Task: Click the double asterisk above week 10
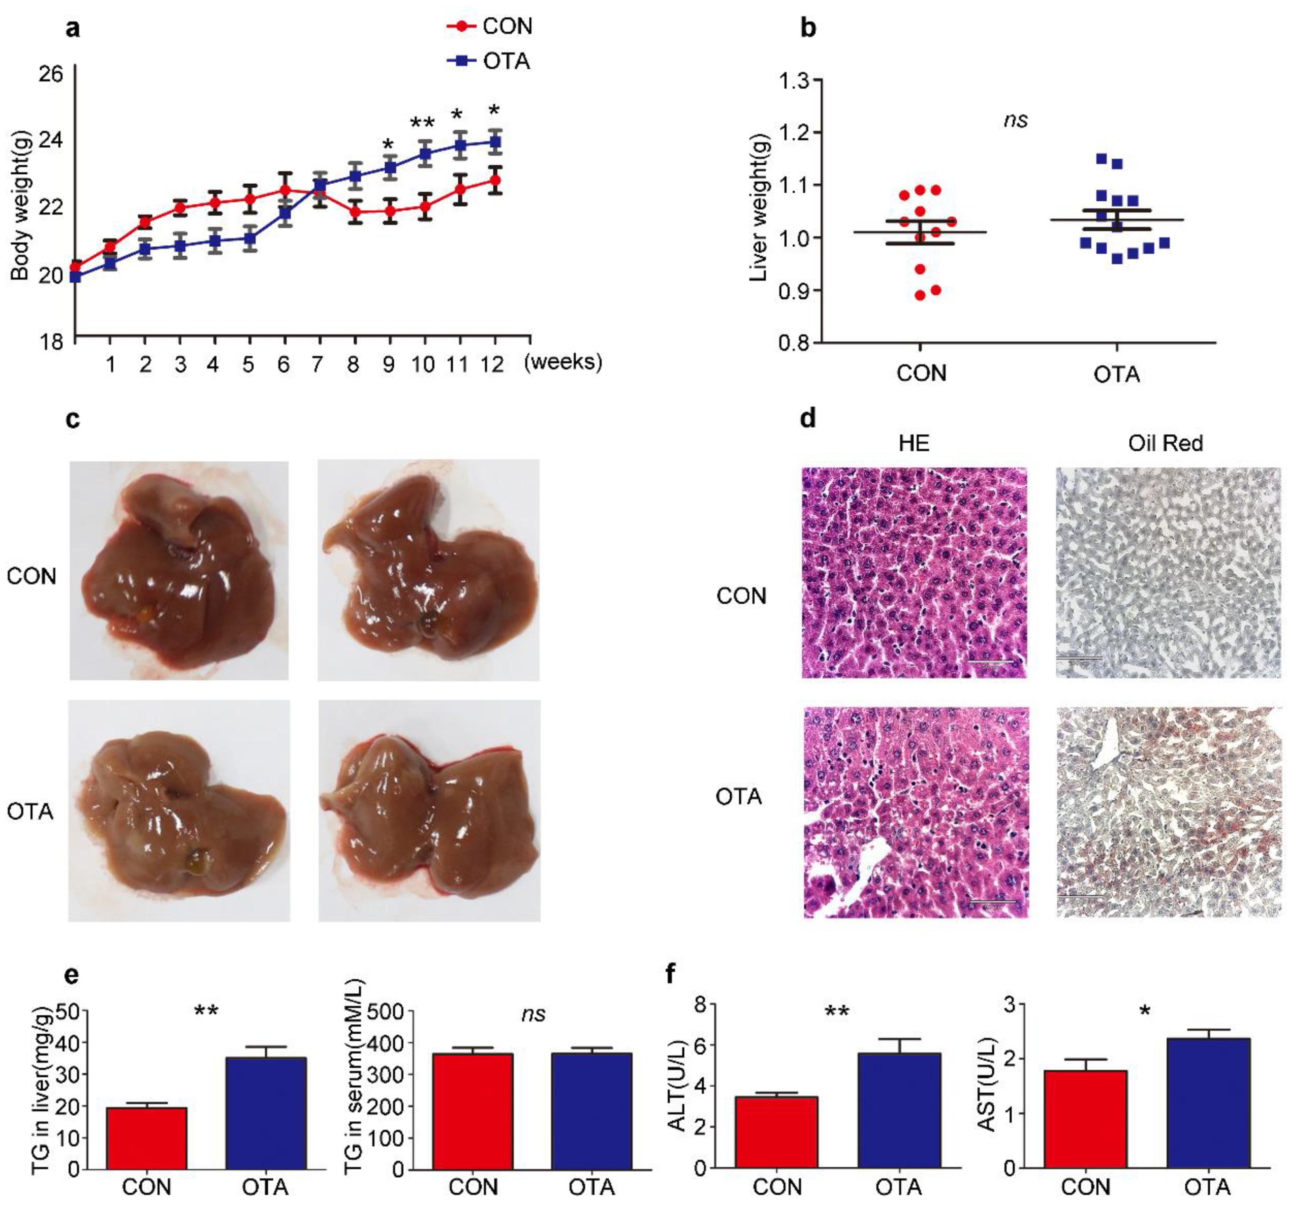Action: (x=422, y=123)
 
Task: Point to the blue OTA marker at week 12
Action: (x=495, y=142)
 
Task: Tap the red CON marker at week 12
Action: (x=495, y=180)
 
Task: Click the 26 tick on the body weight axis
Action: (x=51, y=74)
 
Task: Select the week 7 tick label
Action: (x=317, y=364)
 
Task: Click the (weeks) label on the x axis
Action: (x=563, y=362)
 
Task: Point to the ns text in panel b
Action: (x=1016, y=120)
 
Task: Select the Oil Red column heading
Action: (x=1165, y=444)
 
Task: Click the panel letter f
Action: (x=671, y=975)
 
